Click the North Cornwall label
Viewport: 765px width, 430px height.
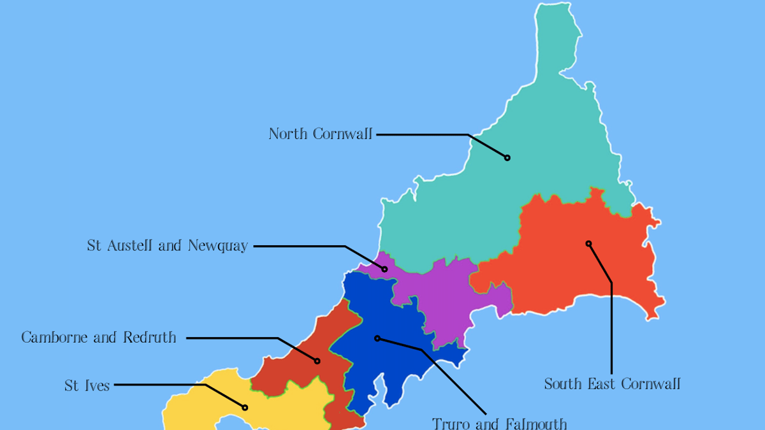tap(320, 134)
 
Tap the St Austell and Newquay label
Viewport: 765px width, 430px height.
tap(167, 245)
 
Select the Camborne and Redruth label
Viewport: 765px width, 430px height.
tap(99, 337)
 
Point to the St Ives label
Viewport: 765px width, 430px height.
tap(87, 385)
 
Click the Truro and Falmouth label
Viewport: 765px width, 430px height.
tap(499, 423)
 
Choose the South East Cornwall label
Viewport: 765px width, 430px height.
tap(612, 383)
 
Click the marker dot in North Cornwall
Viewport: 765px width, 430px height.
tap(507, 157)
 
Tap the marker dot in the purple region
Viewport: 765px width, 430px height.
tap(384, 269)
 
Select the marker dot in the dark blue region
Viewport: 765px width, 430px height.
tap(377, 338)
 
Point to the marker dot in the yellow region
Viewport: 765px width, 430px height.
tap(245, 407)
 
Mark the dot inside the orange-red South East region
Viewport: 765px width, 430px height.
tap(588, 243)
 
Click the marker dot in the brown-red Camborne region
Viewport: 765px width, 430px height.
tap(317, 361)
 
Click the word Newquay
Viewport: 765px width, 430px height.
tap(217, 245)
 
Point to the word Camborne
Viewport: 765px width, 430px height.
tap(55, 337)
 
